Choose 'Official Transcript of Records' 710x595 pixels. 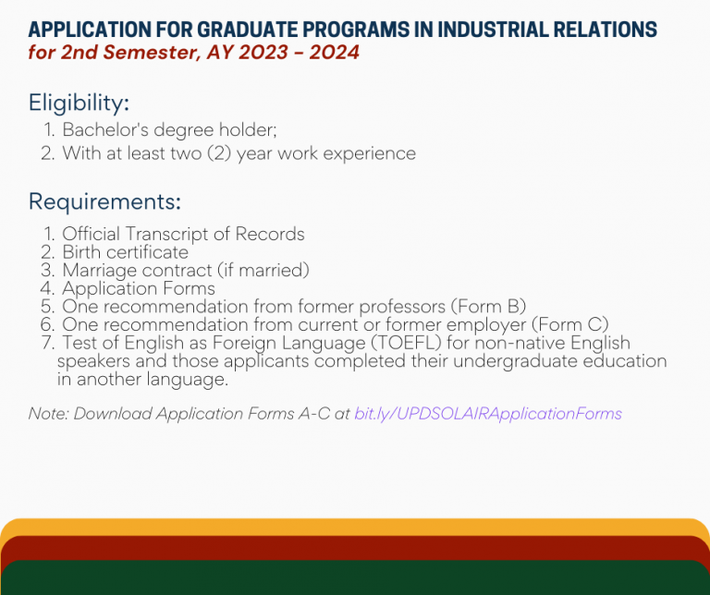183,235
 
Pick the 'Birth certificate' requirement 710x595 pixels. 125,252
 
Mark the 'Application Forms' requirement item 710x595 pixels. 139,288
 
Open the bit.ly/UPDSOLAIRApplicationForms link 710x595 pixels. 487,414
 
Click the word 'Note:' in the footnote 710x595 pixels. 49,414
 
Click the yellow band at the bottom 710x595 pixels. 355,527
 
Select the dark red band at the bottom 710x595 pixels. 355,547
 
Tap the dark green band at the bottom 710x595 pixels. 355,577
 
